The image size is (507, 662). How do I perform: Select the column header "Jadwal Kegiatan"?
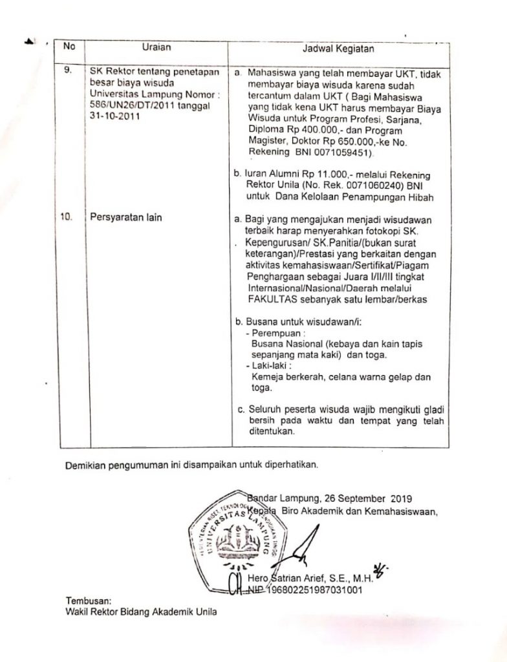340,50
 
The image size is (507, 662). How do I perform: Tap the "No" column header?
69,47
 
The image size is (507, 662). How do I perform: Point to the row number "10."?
67,217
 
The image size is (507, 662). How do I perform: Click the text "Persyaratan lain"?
127,217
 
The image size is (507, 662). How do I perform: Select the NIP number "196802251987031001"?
310,590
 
